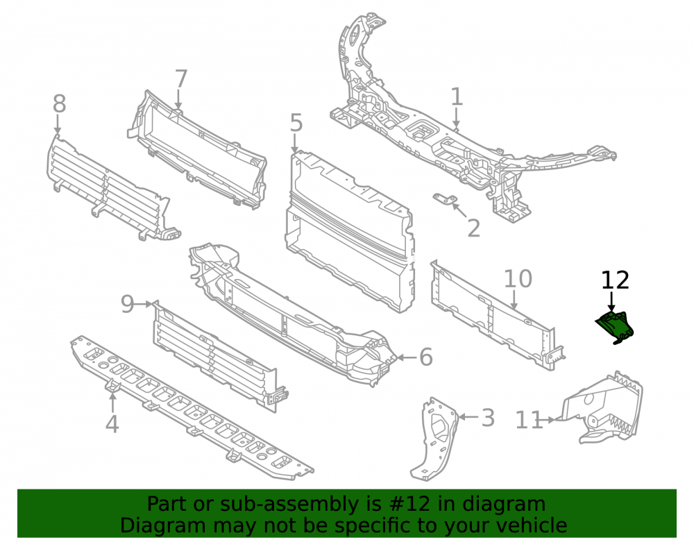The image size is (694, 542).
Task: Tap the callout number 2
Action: point(473,228)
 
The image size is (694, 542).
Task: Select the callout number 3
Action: point(488,418)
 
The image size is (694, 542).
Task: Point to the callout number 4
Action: point(112,423)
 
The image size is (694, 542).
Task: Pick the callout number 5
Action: point(296,123)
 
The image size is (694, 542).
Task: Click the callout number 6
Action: point(426,357)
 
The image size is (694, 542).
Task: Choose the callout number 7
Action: point(181,79)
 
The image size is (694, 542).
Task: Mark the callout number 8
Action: point(59,104)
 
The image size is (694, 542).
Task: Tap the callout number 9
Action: point(128,305)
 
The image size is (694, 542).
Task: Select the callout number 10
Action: point(518,279)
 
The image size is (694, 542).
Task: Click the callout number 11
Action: point(530,420)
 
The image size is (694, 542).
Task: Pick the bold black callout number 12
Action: point(615,280)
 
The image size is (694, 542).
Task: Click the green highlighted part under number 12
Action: point(615,328)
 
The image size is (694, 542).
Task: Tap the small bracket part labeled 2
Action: point(446,200)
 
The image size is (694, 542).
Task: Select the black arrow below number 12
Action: point(611,302)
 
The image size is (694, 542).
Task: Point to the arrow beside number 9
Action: point(144,305)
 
